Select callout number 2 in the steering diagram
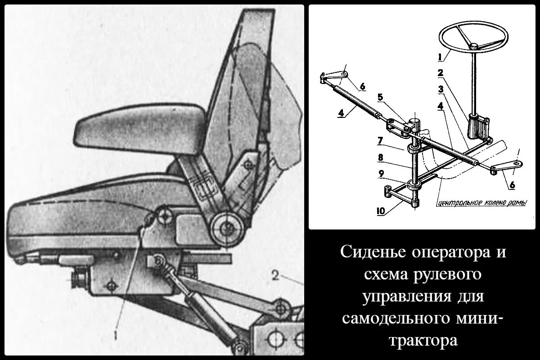pyautogui.click(x=440, y=72)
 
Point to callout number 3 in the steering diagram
pyautogui.click(x=440, y=89)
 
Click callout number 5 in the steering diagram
pyautogui.click(x=380, y=96)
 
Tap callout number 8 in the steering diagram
pyautogui.click(x=380, y=158)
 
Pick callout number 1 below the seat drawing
pyautogui.click(x=117, y=334)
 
